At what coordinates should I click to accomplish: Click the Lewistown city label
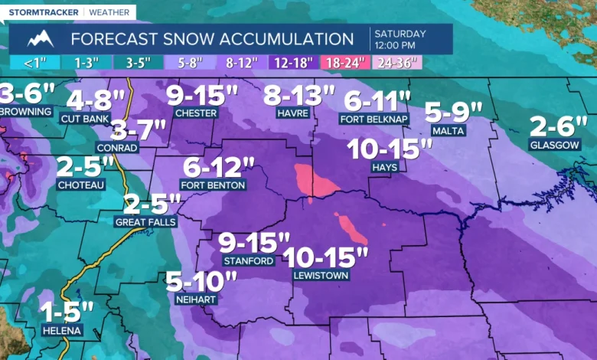(x=320, y=275)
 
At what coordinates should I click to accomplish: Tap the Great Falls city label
(x=145, y=222)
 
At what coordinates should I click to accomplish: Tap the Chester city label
(x=196, y=113)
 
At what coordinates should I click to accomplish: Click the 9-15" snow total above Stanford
(x=254, y=243)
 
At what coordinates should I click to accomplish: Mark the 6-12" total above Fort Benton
(x=219, y=166)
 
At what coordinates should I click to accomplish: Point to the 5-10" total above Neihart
(x=201, y=281)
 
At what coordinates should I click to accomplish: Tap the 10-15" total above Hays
(x=385, y=149)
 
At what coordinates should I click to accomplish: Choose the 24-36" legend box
(x=396, y=64)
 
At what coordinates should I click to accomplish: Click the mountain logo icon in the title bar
(x=41, y=39)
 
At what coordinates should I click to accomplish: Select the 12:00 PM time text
(x=400, y=45)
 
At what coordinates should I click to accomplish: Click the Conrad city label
(x=116, y=147)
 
